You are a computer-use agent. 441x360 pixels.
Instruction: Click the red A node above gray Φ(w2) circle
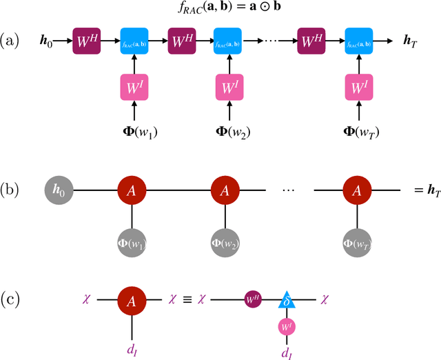(225, 189)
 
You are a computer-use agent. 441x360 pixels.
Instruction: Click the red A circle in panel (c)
(131, 300)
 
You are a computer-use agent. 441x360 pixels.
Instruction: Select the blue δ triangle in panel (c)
(287, 299)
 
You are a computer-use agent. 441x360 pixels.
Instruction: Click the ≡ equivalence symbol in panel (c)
(186, 300)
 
